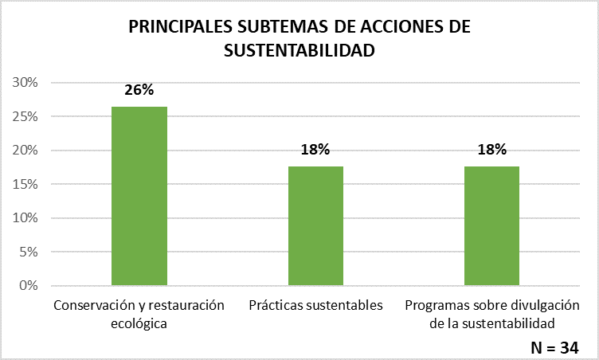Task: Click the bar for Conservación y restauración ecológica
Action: click(139, 196)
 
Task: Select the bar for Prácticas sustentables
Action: click(315, 225)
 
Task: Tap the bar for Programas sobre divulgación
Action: click(491, 225)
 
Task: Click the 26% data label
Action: click(139, 90)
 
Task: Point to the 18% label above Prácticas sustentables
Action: click(315, 150)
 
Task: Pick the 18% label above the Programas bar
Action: click(491, 150)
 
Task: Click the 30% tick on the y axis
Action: click(27, 83)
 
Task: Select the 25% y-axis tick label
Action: click(27, 117)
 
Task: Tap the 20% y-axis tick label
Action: click(27, 151)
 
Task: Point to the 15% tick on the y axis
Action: click(27, 184)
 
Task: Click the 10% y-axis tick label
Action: click(27, 218)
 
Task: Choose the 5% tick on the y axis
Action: click(30, 252)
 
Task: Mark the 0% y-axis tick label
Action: click(30, 285)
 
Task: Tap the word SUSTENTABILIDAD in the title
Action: click(299, 50)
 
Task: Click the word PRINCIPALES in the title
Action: click(180, 26)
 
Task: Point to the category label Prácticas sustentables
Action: click(315, 305)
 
